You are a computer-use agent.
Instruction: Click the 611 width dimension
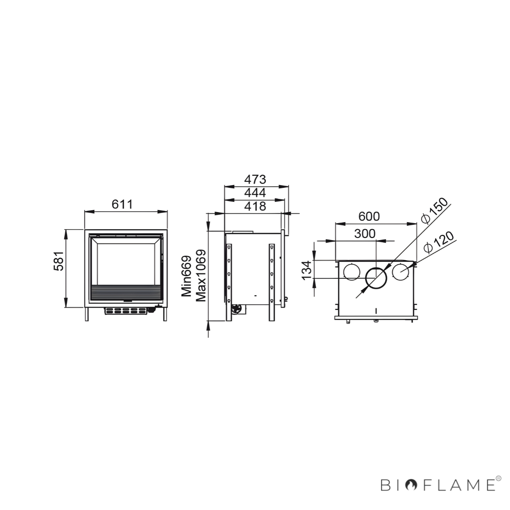pos(122,204)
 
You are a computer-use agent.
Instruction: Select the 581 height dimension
pos(59,261)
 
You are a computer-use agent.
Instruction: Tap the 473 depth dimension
pos(255,179)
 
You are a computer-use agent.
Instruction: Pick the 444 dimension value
pos(255,193)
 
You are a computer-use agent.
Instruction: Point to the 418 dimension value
pos(255,206)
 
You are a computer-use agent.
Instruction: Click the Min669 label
pos(186,276)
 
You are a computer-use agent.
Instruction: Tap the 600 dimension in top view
pos(369,216)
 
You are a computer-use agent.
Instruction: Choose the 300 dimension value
pos(365,233)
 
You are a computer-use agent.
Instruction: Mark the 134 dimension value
pos(307,270)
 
